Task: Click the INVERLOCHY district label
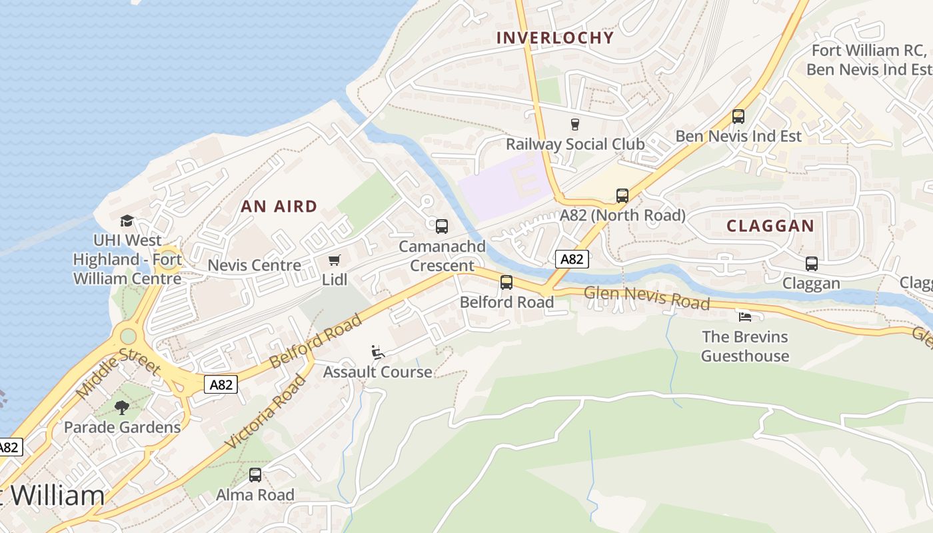pos(554,37)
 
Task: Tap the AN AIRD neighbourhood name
pos(279,207)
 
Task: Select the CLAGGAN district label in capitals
pos(770,226)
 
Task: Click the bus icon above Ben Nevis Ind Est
pos(738,117)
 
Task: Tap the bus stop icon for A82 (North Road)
pos(622,196)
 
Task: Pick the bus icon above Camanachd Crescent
pos(442,227)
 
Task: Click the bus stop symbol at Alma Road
pos(255,475)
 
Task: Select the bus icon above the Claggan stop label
pos(812,264)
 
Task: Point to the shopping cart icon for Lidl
pos(334,260)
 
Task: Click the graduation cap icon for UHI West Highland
pos(127,221)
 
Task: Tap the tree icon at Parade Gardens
pos(122,407)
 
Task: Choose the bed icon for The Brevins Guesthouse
pos(745,316)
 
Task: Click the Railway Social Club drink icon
pos(574,124)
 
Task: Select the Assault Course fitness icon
pos(377,352)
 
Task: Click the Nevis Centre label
pos(255,265)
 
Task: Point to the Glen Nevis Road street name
pos(646,298)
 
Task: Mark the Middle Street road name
pos(119,374)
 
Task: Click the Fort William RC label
pos(868,51)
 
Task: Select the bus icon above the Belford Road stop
pos(506,282)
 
